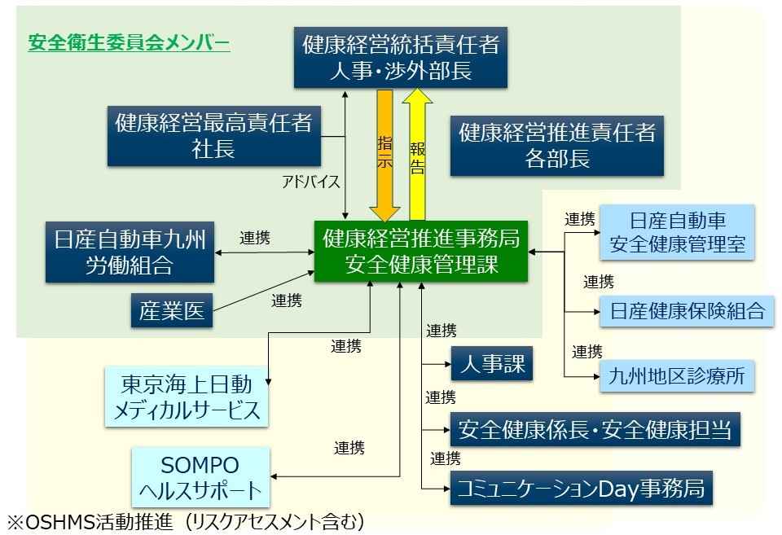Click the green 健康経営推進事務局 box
tap(421, 251)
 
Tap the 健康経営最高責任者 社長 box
tap(214, 135)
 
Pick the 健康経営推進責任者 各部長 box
tap(557, 144)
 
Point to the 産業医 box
tap(172, 310)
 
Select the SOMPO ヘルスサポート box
tap(200, 478)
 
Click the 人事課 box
tap(491, 363)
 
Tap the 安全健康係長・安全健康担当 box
tap(595, 428)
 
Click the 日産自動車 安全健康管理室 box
tap(677, 231)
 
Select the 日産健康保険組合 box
tap(688, 310)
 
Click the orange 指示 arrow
tap(385, 155)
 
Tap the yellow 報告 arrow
tap(419, 155)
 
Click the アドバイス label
tap(310, 182)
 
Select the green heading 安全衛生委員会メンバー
tap(129, 42)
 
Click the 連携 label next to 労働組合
tap(255, 239)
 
